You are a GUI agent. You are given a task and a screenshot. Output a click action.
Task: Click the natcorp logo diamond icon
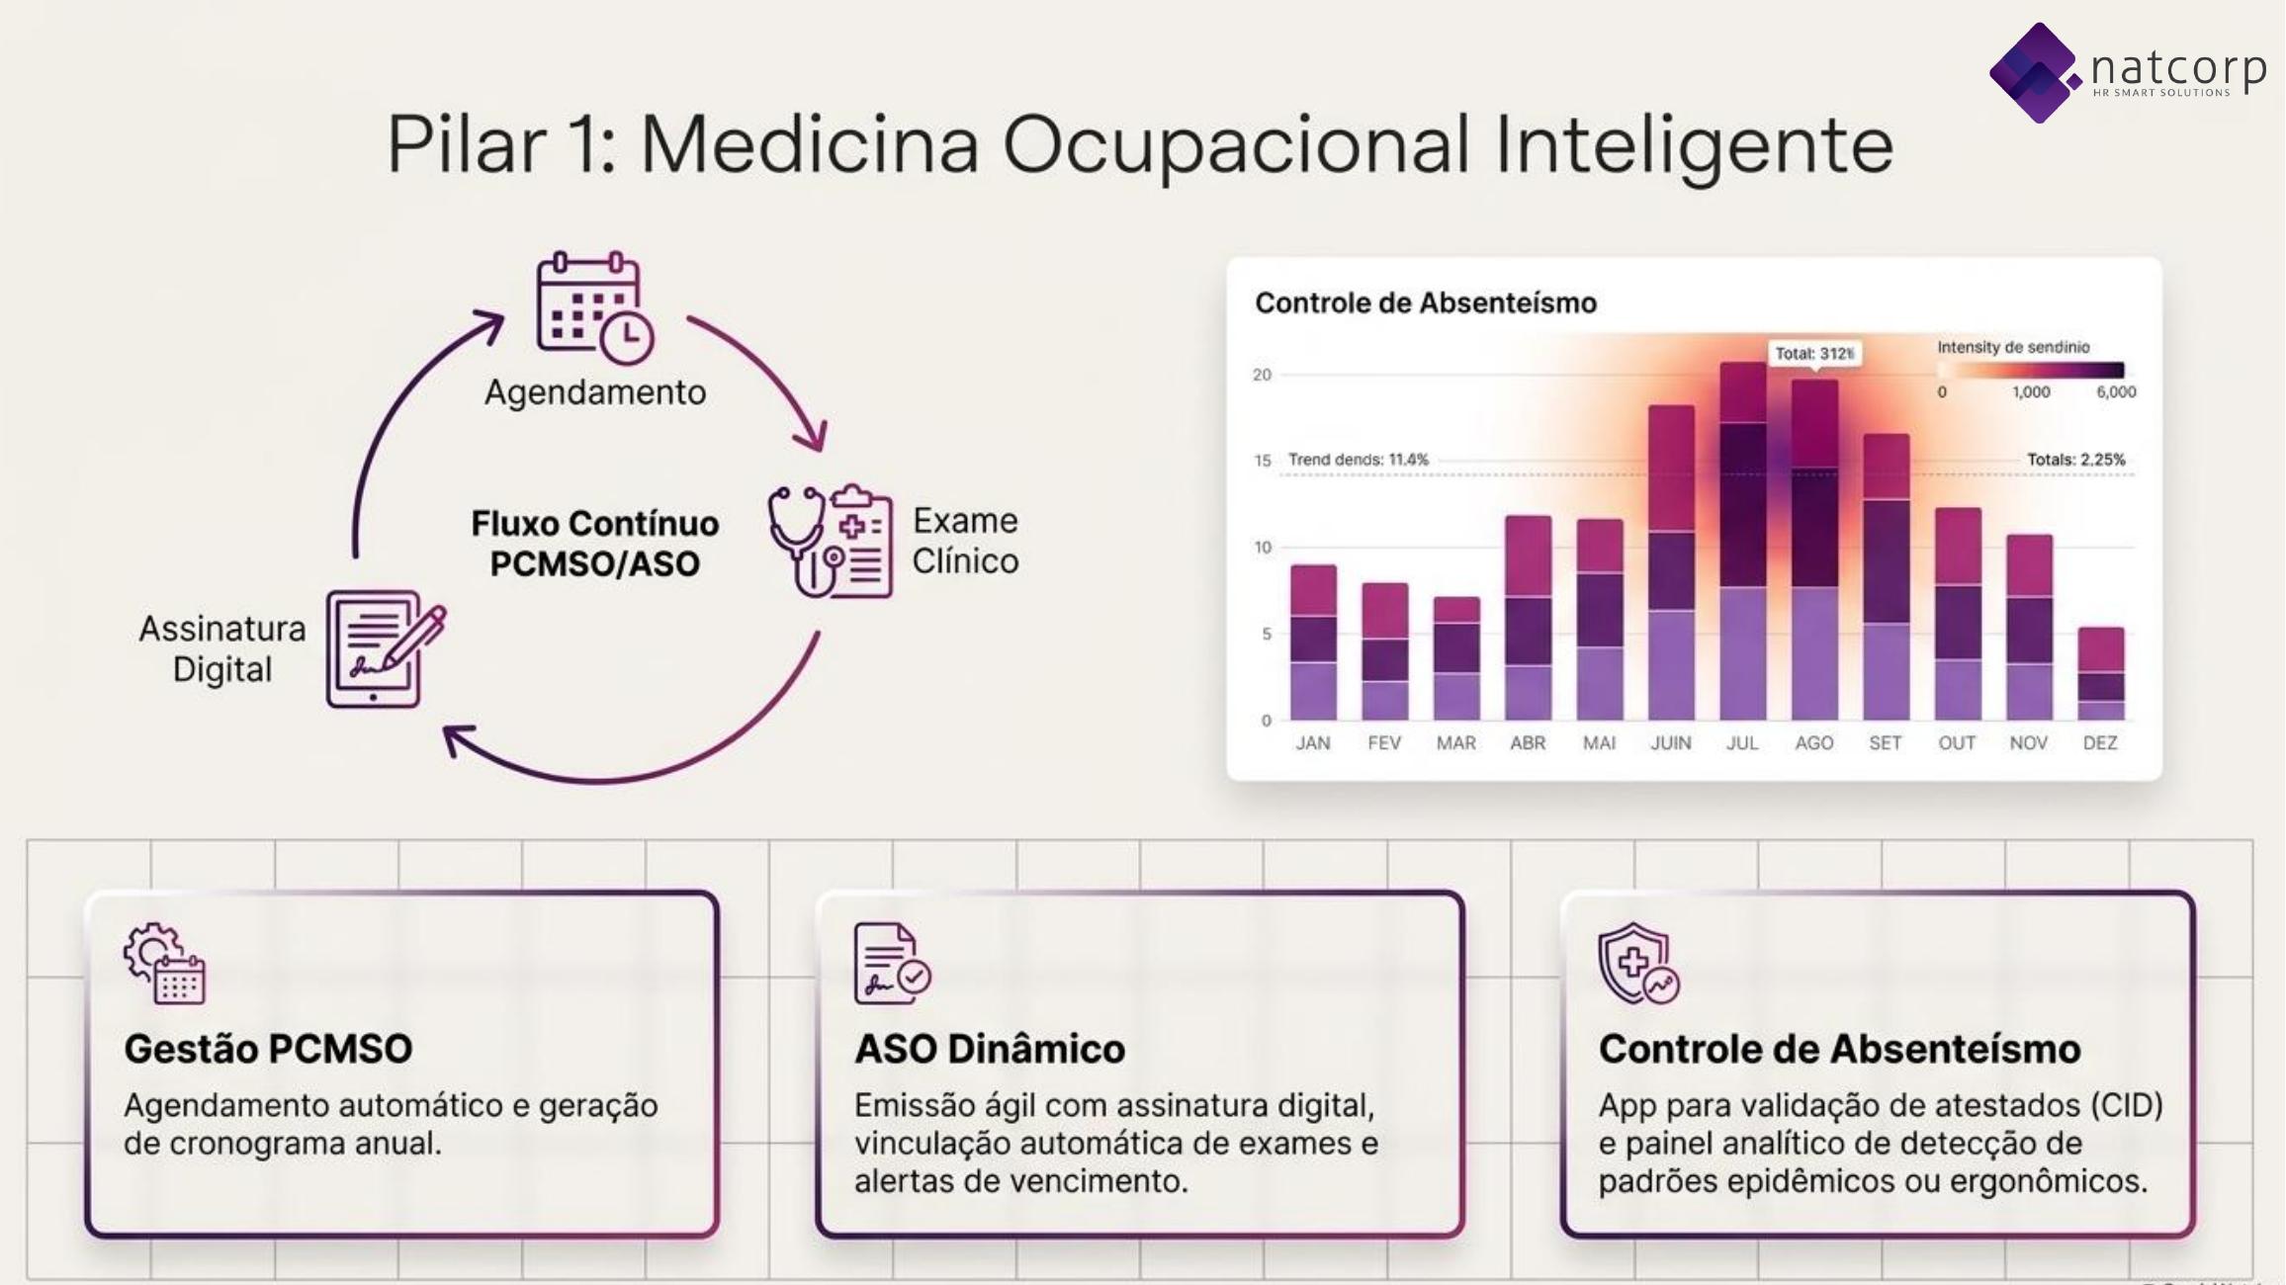[x=2035, y=73]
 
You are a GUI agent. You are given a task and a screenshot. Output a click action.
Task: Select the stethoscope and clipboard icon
[x=831, y=541]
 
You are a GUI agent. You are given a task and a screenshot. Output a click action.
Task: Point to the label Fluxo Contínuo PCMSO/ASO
[x=595, y=543]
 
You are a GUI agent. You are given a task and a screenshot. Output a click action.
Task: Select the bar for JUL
[x=1743, y=541]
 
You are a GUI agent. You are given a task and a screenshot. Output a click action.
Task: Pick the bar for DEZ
[x=2101, y=673]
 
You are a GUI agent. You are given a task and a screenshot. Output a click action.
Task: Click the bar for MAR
[x=1456, y=658]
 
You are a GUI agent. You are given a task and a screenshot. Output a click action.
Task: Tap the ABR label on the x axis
[x=1528, y=743]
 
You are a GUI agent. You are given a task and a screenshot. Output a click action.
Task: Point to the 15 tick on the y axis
[x=1263, y=461]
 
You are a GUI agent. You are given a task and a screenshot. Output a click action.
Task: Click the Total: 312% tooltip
[x=1814, y=354]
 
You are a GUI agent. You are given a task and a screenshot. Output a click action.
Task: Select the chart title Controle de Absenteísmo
[x=1426, y=302]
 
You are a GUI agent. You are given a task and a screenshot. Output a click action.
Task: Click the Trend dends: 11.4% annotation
[x=1359, y=460]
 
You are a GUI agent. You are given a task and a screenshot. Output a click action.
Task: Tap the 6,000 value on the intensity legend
[x=2116, y=392]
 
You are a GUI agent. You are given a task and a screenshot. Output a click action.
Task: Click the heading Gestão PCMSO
[x=268, y=1049]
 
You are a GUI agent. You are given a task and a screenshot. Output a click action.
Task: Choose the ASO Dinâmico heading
[x=990, y=1049]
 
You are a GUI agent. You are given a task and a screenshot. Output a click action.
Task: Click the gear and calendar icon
[x=164, y=964]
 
